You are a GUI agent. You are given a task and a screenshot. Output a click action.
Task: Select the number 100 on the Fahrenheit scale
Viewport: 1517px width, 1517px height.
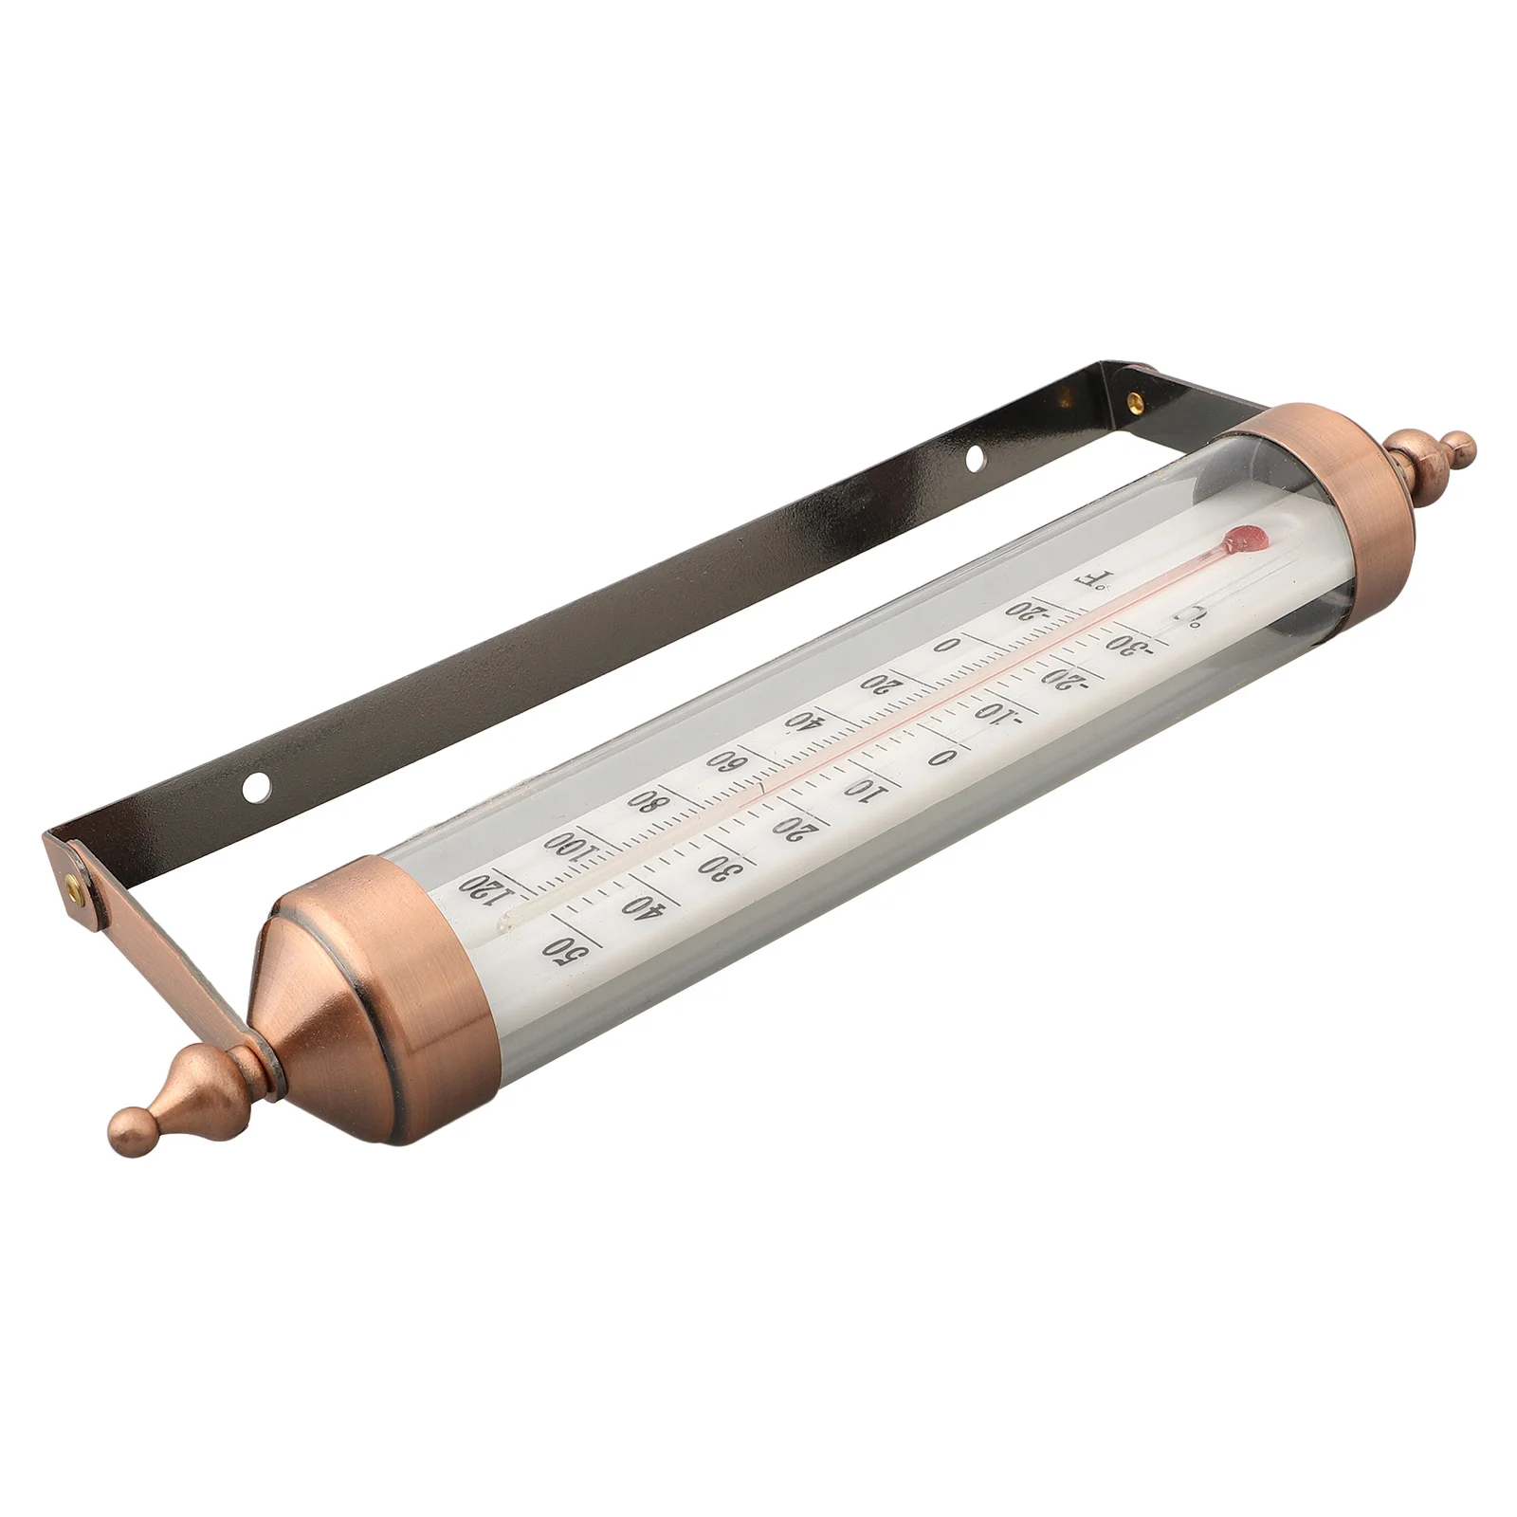(571, 842)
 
